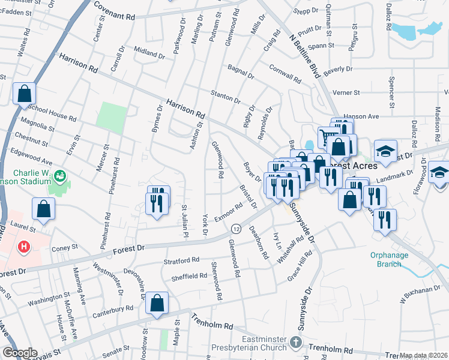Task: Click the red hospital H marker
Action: point(23,247)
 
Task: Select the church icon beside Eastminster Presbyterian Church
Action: point(295,343)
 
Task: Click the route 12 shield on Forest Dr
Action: point(236,229)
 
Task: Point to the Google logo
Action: point(20,353)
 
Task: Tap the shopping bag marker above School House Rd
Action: point(24,94)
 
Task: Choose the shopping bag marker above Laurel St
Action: point(44,209)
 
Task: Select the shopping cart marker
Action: point(328,137)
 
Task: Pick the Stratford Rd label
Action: point(181,260)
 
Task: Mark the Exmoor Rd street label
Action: point(228,212)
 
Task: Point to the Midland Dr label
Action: point(149,52)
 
